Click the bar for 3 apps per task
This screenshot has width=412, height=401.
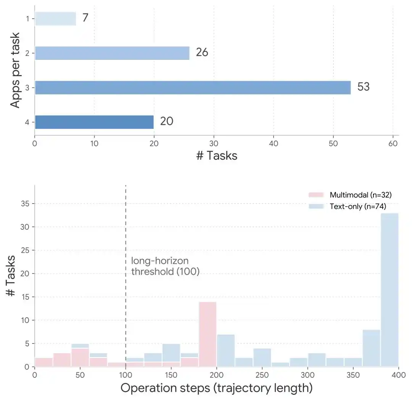193,87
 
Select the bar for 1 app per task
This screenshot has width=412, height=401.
55,19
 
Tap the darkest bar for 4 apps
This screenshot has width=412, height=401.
94,122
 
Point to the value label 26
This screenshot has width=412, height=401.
202,52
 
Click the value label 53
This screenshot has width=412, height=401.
364,87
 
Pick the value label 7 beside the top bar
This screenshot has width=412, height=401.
85,18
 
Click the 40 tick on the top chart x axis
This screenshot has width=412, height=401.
274,143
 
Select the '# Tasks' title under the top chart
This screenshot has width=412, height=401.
217,156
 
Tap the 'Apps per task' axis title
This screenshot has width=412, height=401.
15,70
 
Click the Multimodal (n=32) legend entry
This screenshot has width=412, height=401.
350,195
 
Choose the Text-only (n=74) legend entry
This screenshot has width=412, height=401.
348,207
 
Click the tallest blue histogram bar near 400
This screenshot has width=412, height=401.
389,290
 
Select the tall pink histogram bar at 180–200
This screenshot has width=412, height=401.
208,334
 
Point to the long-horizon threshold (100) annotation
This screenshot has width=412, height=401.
165,266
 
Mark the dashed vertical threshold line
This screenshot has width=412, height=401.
126,276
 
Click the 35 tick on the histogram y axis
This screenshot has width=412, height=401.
25,204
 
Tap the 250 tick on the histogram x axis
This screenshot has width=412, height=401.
262,375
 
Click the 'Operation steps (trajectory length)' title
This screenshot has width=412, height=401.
217,388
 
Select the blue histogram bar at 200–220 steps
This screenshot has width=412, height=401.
226,351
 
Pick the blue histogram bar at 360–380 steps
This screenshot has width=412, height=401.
372,348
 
